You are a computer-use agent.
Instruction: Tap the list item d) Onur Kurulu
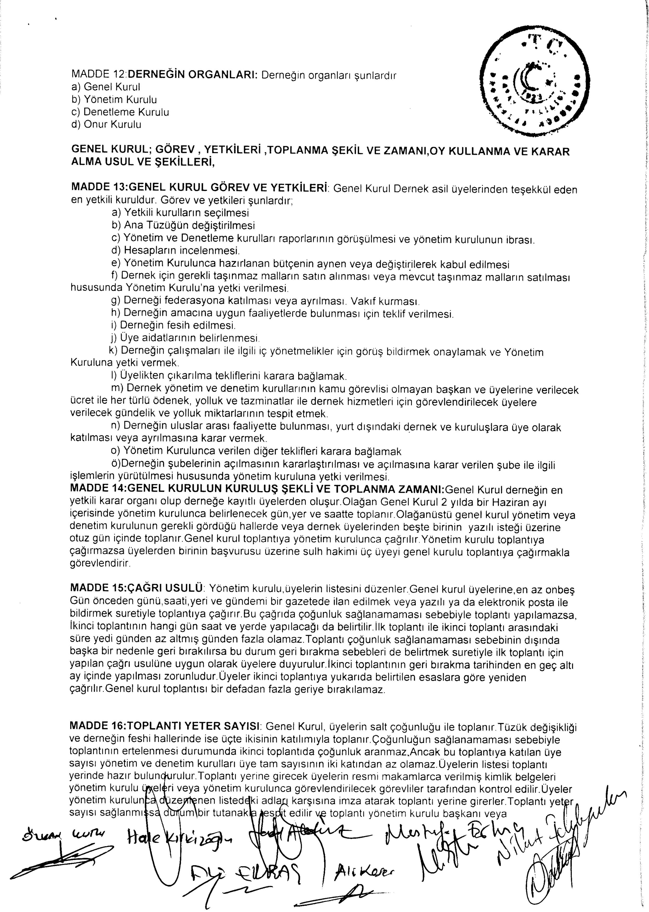click(x=106, y=124)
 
